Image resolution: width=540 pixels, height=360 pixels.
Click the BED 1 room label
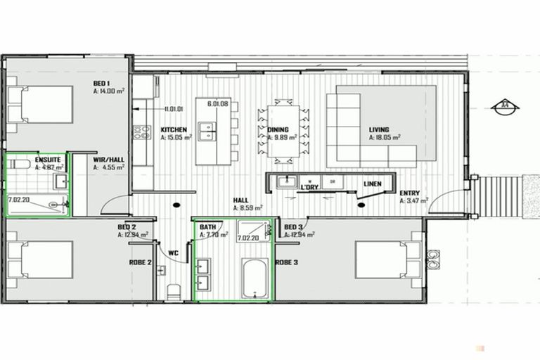pos(103,84)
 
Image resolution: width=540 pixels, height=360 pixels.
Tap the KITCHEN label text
pos(174,130)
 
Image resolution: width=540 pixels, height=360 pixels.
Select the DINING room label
pos(278,130)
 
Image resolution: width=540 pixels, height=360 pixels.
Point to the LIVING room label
pos(380,130)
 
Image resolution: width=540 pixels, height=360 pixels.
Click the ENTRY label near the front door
pos(410,193)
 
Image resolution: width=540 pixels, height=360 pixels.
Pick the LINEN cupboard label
pos(373,184)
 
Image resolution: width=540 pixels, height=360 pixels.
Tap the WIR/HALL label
pos(109,160)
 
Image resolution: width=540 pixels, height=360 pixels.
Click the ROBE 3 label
pos(286,262)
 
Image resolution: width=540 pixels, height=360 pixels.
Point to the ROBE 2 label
pos(139,262)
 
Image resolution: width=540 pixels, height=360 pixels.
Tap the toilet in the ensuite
pos(20,165)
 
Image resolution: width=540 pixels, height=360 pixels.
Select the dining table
pos(283,134)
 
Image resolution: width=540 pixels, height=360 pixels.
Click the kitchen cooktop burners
pos(142,132)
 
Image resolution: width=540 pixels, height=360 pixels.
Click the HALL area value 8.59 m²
pos(248,209)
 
